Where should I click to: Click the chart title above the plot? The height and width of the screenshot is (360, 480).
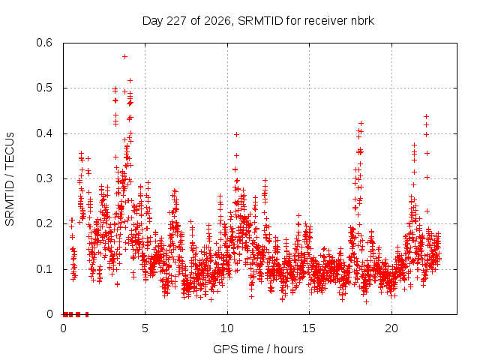[x=258, y=21]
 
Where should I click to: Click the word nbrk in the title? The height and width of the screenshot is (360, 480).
[x=363, y=20]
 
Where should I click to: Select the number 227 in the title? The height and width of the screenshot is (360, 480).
[x=177, y=21]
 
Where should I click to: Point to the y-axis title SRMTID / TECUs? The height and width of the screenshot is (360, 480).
[x=10, y=179]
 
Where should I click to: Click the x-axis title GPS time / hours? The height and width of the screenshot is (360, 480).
[x=258, y=349]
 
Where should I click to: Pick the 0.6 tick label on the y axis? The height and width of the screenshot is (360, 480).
[x=44, y=43]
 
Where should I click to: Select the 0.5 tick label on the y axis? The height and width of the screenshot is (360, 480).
[x=44, y=88]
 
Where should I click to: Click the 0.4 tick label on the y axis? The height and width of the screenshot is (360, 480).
[x=44, y=133]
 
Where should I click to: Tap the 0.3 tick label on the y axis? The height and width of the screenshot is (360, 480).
[x=44, y=178]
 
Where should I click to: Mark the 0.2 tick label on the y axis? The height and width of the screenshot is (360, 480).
[x=44, y=223]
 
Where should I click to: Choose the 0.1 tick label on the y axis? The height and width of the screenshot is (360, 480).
[x=44, y=269]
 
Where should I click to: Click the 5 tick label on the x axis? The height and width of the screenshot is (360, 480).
[x=145, y=328]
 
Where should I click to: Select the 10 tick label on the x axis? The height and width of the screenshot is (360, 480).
[x=227, y=328]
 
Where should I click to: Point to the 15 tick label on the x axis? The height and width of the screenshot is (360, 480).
[x=309, y=328]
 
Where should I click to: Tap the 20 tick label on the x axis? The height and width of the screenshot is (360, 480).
[x=391, y=328]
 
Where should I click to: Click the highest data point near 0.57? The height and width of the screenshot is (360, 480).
[x=124, y=57]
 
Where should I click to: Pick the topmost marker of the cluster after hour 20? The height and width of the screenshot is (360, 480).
[x=426, y=117]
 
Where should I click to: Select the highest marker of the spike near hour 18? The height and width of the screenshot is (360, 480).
[x=361, y=123]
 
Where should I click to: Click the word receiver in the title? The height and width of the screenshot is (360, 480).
[x=325, y=21]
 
